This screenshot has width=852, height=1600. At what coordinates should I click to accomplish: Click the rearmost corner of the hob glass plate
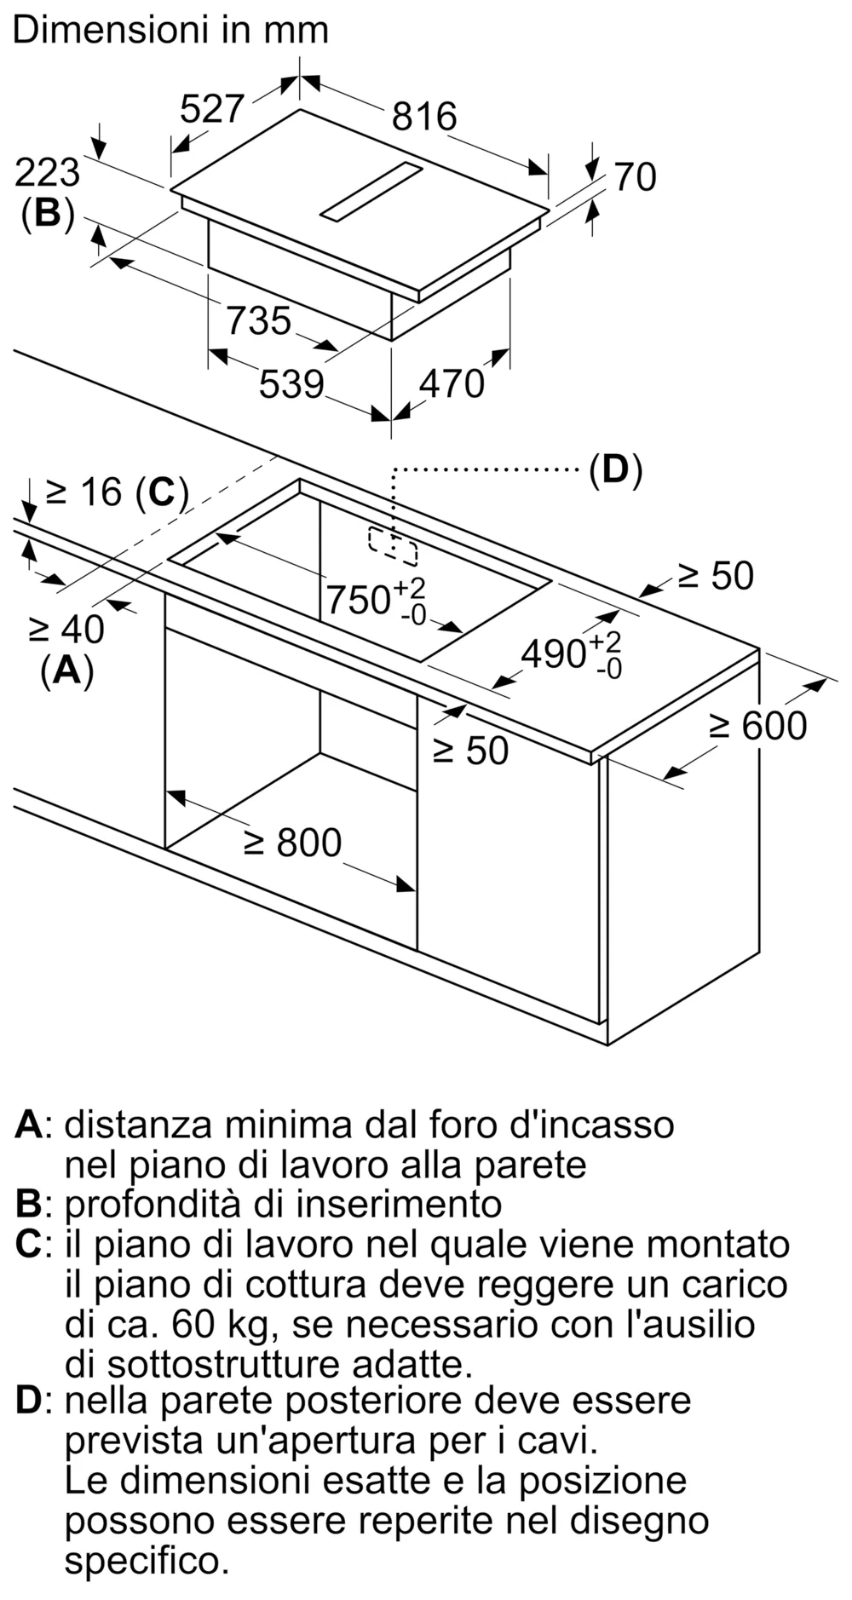click(x=300, y=109)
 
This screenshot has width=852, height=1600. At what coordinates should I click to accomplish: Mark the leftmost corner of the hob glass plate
click(x=170, y=189)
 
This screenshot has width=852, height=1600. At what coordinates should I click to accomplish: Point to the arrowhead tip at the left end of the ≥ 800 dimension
click(x=165, y=791)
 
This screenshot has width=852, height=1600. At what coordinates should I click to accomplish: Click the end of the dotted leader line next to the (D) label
click(x=579, y=468)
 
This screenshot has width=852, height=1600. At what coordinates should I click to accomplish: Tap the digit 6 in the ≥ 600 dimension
click(x=752, y=726)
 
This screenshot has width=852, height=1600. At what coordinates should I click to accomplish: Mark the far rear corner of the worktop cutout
click(x=300, y=480)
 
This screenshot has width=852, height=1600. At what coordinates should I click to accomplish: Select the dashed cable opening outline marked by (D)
click(x=393, y=546)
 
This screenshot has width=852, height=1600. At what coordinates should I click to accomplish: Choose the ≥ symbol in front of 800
click(x=255, y=843)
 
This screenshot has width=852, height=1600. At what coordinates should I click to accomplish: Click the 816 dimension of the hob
click(x=424, y=116)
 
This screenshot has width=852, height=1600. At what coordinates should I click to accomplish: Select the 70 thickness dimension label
click(x=635, y=177)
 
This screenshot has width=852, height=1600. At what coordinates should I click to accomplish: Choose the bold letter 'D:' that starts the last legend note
click(x=34, y=1401)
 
